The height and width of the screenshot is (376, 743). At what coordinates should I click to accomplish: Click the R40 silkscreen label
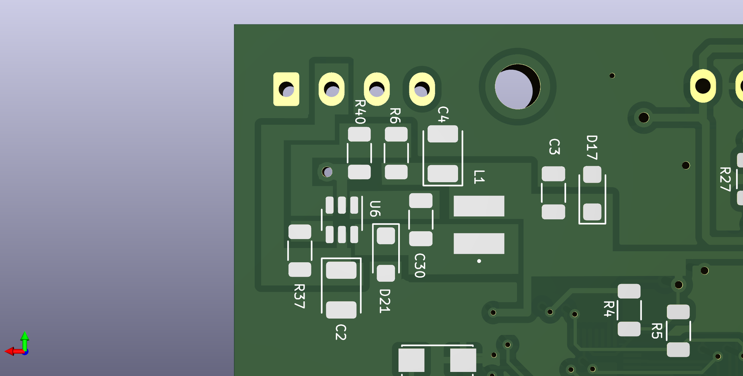click(360, 112)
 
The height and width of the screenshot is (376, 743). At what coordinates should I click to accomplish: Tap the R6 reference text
click(395, 116)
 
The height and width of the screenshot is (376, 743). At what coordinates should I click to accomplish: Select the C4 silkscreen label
click(443, 115)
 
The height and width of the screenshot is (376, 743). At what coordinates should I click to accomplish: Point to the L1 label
click(479, 176)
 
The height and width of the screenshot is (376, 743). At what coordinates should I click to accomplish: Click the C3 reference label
click(555, 147)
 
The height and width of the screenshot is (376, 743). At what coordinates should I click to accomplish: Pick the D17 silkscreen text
click(592, 147)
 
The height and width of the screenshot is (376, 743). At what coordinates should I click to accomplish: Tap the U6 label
click(375, 209)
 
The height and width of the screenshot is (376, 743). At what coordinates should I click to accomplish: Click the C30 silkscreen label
click(420, 265)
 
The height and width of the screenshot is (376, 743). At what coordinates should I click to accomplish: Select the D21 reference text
click(385, 301)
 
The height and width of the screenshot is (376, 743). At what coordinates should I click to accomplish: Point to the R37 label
click(300, 296)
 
